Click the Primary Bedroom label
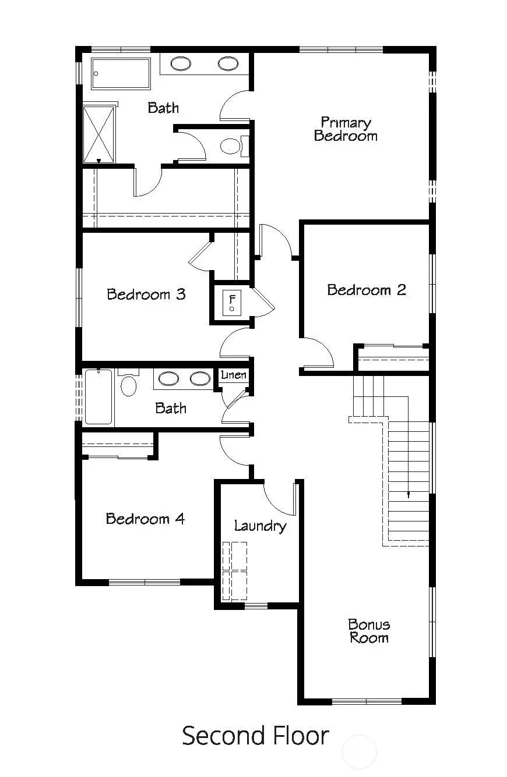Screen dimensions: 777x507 346,129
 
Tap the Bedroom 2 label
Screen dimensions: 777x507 366,290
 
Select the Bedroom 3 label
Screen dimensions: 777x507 146,294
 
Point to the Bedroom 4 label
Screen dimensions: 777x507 146,519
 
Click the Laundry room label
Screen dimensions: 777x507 260,526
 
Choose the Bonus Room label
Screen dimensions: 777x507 369,631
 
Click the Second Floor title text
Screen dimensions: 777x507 255,736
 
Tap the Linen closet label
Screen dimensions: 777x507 233,375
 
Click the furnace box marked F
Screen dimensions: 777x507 232,301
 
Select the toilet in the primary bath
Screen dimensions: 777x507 233,146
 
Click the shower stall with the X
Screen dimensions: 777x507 99,134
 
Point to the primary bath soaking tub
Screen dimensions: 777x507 121,73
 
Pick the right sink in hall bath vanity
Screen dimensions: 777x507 200,378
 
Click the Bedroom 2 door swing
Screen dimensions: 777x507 318,353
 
